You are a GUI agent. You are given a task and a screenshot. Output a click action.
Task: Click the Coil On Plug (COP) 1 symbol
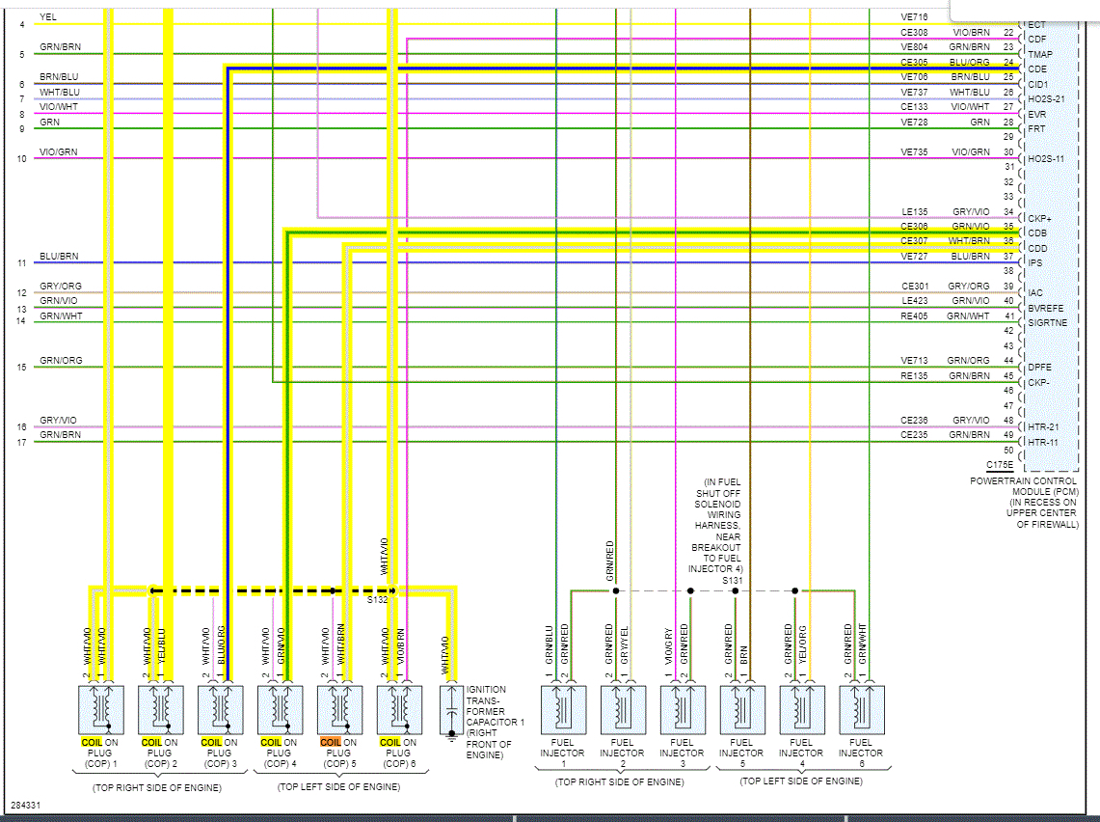[x=100, y=710]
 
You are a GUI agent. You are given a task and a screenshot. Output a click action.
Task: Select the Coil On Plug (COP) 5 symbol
[x=339, y=710]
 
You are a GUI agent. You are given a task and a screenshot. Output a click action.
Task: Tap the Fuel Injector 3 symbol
[x=682, y=710]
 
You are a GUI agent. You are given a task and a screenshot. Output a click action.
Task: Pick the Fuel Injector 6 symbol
[x=861, y=710]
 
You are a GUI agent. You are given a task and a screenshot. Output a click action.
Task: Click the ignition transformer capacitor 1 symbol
[x=451, y=712]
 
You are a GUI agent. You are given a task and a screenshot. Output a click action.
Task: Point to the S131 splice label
[x=733, y=580]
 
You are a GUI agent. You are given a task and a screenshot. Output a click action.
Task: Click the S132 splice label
[x=376, y=599]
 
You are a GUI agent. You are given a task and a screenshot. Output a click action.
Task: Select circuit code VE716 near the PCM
[x=914, y=17]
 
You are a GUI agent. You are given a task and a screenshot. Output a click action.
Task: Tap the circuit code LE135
[x=914, y=211]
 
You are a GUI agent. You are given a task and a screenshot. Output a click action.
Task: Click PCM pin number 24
[x=1008, y=62]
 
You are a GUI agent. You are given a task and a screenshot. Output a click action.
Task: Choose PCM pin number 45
[x=1008, y=375]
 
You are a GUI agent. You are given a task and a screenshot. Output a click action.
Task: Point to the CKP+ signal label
[x=1039, y=219]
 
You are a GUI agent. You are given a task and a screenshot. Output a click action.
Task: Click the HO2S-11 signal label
[x=1045, y=159]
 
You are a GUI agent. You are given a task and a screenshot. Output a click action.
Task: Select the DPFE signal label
[x=1039, y=368]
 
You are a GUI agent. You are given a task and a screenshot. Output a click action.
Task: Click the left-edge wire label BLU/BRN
[x=59, y=257]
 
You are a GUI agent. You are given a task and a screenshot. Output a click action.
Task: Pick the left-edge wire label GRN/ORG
[x=61, y=361]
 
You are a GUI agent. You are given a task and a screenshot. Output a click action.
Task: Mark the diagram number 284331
[x=26, y=804]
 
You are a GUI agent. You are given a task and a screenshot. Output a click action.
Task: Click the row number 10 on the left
[x=21, y=158]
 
